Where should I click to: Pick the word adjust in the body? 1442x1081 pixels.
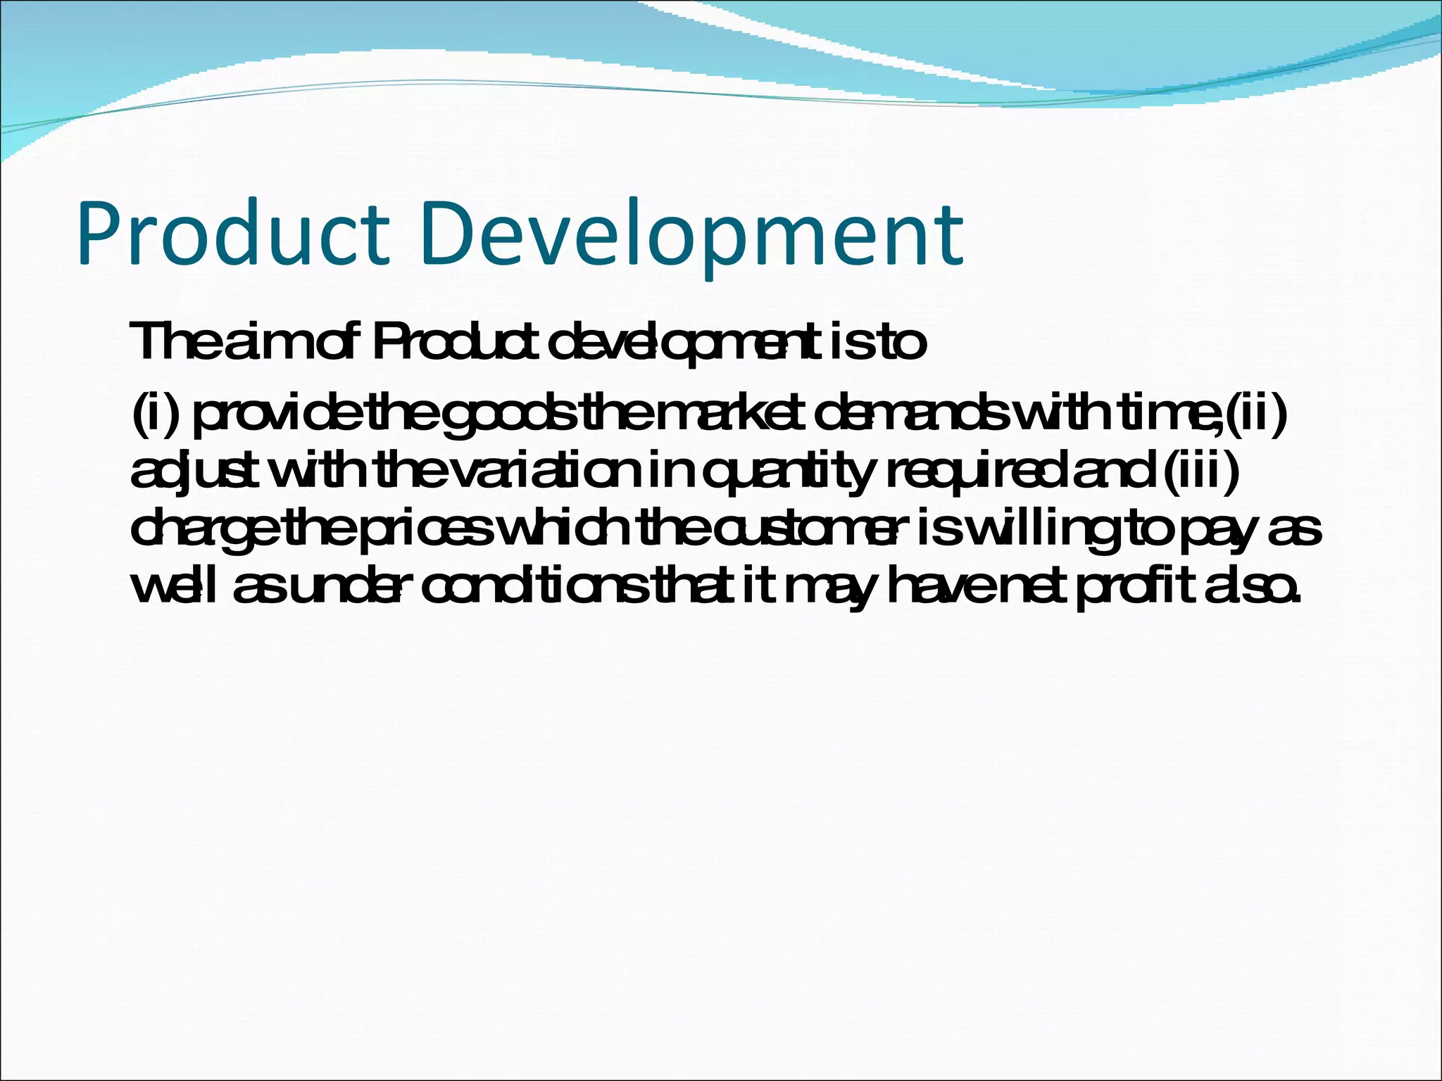pyautogui.click(x=189, y=474)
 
